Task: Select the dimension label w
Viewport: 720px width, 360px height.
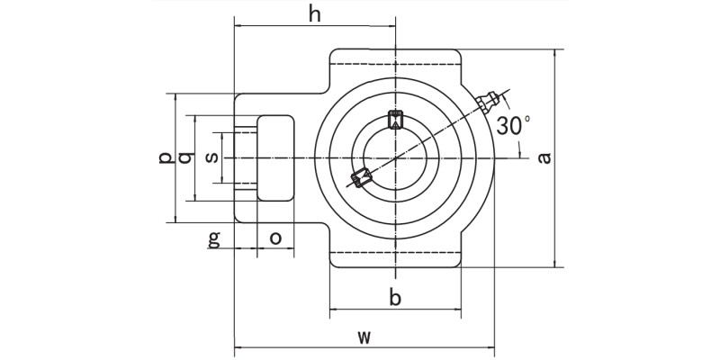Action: coord(364,337)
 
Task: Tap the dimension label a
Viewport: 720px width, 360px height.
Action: coord(544,158)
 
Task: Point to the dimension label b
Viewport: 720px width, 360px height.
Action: coord(394,298)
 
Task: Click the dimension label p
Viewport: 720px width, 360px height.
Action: coord(164,157)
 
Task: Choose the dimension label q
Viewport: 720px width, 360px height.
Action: coord(185,157)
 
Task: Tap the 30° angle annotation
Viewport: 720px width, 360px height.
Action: coord(514,126)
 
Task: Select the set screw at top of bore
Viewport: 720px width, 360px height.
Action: coord(395,118)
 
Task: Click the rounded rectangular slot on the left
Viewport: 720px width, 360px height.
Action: coord(275,157)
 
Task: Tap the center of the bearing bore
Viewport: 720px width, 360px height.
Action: coord(395,158)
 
